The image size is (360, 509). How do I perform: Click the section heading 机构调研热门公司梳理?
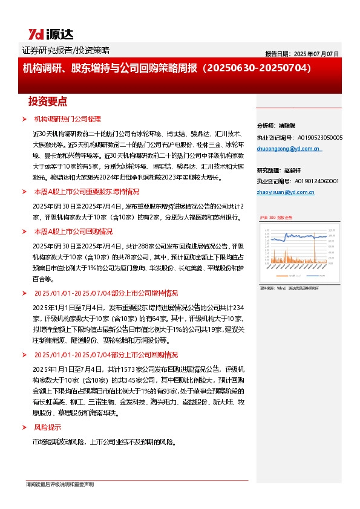(68, 120)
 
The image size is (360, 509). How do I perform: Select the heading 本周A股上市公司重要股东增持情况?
(87, 191)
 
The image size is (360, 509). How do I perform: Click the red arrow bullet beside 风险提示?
(24, 427)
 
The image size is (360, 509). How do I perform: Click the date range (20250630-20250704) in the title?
(258, 68)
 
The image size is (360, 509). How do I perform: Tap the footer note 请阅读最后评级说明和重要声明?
(59, 484)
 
